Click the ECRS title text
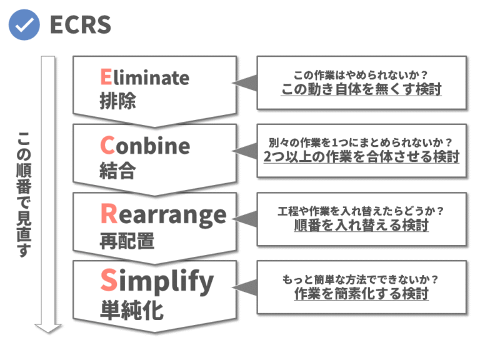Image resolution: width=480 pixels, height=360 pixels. (x=79, y=25)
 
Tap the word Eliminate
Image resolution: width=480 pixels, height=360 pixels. (x=144, y=77)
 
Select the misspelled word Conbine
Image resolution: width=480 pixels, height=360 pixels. (x=144, y=146)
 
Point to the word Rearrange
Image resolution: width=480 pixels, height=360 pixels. (x=163, y=214)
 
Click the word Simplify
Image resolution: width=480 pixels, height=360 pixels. (x=156, y=282)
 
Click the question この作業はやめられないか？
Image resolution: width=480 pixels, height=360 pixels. (x=361, y=73)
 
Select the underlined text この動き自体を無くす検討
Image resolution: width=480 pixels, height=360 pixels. (x=361, y=89)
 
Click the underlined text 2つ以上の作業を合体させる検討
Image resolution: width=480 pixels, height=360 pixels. (x=361, y=157)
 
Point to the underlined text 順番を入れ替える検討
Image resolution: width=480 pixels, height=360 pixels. (x=361, y=225)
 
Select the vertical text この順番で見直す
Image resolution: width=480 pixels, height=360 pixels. (x=24, y=194)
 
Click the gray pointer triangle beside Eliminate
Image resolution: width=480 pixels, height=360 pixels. (x=247, y=82)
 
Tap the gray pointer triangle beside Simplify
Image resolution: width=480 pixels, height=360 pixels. (x=247, y=286)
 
